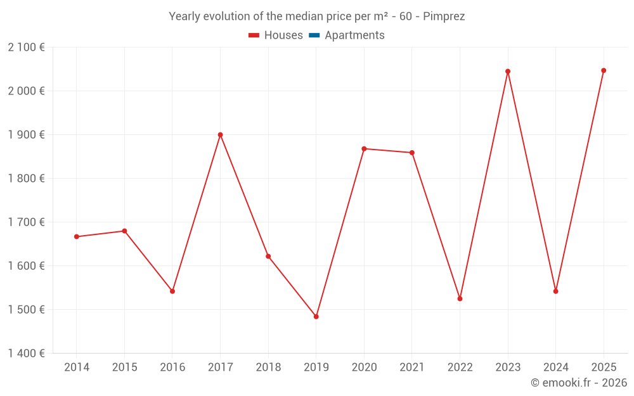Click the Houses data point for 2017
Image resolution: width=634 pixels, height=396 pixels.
[x=220, y=135]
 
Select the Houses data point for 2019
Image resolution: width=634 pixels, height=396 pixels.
[x=316, y=317]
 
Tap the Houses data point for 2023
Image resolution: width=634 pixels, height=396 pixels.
[x=508, y=72]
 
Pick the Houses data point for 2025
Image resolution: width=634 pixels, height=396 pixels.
[x=604, y=70]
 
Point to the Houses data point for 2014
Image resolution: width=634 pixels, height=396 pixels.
[x=77, y=237]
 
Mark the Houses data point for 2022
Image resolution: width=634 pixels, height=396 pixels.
[x=460, y=298]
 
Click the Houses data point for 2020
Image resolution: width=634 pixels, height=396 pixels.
[x=364, y=149]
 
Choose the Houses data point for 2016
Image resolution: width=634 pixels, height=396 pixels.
[x=172, y=291]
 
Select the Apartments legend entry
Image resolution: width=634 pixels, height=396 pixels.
[x=354, y=35]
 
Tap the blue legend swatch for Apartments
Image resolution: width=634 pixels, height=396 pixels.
[x=314, y=35]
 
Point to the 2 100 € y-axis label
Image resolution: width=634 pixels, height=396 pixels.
[x=26, y=48]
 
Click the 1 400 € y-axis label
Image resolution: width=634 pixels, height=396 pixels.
[x=26, y=354]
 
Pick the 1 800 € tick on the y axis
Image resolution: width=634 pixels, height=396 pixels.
[x=26, y=179]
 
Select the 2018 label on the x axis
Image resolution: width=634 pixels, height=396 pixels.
[x=268, y=367]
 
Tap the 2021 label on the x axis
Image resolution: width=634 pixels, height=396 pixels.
[x=412, y=367]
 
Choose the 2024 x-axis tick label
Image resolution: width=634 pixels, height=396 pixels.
[x=555, y=367]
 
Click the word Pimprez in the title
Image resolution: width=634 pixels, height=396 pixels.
[x=444, y=16]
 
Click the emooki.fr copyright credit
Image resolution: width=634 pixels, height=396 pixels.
[x=578, y=383]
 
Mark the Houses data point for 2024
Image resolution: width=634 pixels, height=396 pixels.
[x=555, y=291]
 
